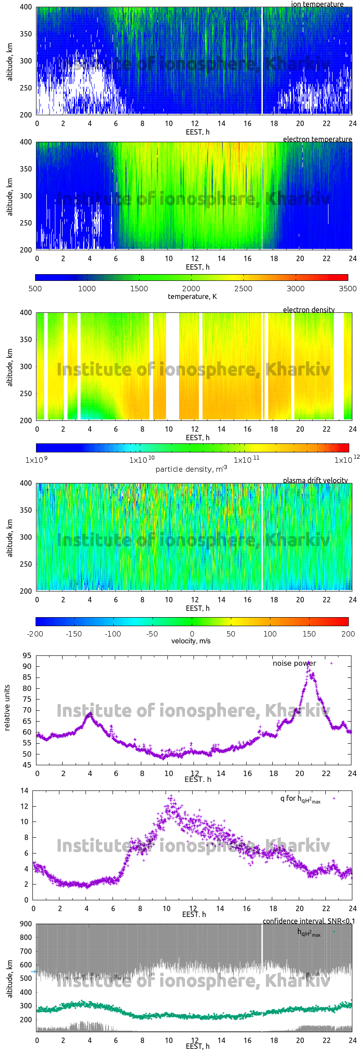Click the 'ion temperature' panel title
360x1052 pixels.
pyautogui.click(x=317, y=4)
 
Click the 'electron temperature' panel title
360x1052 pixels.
pyautogui.click(x=317, y=139)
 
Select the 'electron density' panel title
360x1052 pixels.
pyautogui.click(x=309, y=310)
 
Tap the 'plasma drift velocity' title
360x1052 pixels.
pyautogui.click(x=315, y=480)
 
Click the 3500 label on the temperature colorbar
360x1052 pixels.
pyautogui.click(x=347, y=289)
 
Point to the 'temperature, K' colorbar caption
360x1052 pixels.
pyautogui.click(x=192, y=296)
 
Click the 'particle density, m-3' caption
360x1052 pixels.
pyautogui.click(x=191, y=469)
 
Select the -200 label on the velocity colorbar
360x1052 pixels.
pyautogui.click(x=35, y=634)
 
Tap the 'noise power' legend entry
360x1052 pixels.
pyautogui.click(x=294, y=663)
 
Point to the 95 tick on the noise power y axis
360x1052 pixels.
pyautogui.click(x=27, y=655)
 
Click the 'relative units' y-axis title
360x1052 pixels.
pyautogui.click(x=7, y=708)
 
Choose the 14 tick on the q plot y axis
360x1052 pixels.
pyautogui.click(x=24, y=790)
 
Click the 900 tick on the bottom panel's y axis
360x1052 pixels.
pyautogui.click(x=26, y=924)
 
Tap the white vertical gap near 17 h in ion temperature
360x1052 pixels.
pyautogui.click(x=262, y=61)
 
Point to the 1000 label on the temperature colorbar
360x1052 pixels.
pyautogui.click(x=87, y=289)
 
